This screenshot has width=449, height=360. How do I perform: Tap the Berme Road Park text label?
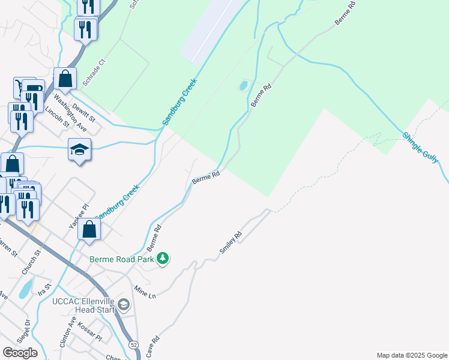tap(122, 259)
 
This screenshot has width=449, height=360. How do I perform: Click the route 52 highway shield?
tap(133, 344)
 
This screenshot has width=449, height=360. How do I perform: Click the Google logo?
tap(20, 352)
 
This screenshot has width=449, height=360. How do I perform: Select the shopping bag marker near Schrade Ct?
tap(65, 79)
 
